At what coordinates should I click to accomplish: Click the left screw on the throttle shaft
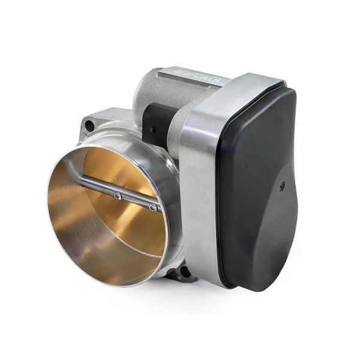click(118, 196)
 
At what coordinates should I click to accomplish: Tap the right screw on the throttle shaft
click(153, 208)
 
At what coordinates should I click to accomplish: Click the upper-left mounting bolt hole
click(89, 125)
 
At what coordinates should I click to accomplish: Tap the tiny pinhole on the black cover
click(281, 187)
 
